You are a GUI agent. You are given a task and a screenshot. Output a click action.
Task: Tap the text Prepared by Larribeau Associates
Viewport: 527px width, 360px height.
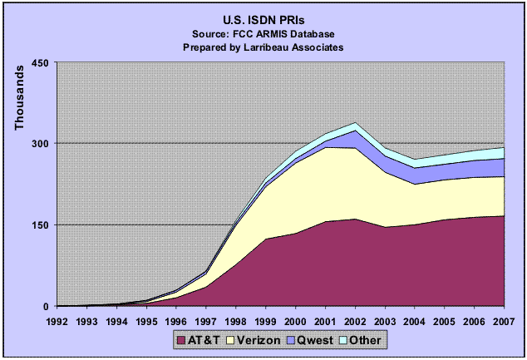(263, 47)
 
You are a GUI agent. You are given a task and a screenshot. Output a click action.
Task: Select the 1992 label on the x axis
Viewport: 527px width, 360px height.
(57, 319)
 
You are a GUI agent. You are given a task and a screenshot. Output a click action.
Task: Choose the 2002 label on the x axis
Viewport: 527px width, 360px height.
(356, 319)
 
